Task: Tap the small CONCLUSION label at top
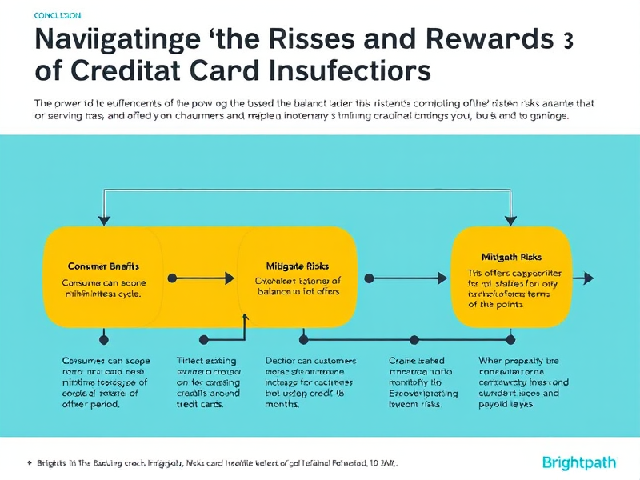(58, 16)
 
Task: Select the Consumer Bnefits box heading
(104, 266)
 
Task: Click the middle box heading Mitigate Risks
(297, 266)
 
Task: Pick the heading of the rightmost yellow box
(511, 257)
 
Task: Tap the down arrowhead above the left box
(102, 218)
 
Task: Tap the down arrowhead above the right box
(510, 218)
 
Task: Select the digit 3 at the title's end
(567, 41)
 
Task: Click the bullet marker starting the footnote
(29, 462)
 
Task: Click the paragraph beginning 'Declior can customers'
(310, 382)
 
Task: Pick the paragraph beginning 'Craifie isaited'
(422, 382)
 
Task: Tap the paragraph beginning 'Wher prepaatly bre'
(523, 382)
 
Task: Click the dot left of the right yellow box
(370, 278)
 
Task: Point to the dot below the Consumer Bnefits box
(102, 339)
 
